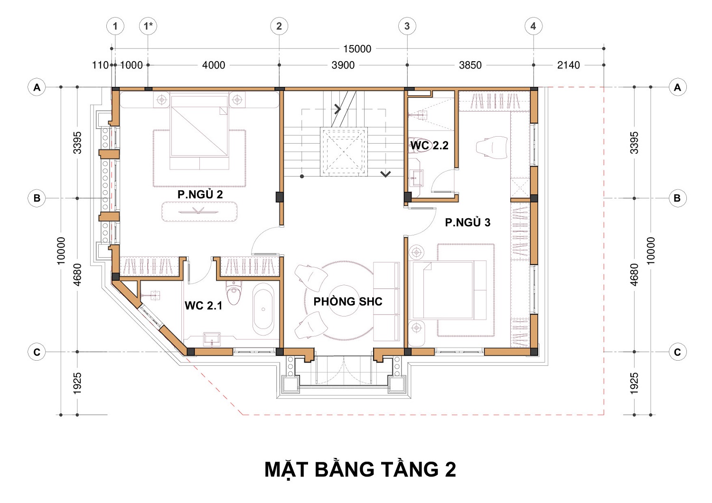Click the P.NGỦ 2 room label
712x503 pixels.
coord(200,194)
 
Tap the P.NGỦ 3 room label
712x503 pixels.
coord(468,222)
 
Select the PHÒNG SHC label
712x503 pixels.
coord(348,301)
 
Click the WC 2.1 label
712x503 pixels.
coord(204,305)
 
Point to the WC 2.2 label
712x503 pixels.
coord(429,145)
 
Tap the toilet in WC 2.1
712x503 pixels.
coord(234,292)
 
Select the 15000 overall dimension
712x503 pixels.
coord(357,49)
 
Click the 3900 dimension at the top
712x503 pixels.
coord(343,65)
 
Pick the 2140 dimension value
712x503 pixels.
coord(568,65)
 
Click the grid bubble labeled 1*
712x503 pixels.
coord(148,26)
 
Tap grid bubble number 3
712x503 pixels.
coord(407,26)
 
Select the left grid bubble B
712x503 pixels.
coord(37,198)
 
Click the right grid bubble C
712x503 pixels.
coord(677,352)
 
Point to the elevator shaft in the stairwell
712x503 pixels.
coord(344,152)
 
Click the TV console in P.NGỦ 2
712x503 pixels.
coord(199,211)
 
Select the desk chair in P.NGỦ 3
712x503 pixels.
coord(492,147)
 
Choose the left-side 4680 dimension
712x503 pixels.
coord(77,275)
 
